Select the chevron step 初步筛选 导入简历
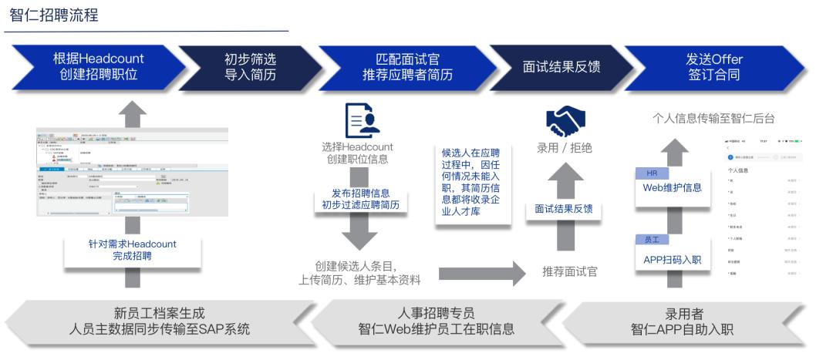250,67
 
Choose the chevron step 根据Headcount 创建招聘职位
99,67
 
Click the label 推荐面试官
568,271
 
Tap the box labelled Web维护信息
672,187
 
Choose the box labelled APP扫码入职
672,259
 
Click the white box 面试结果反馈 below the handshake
564,209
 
